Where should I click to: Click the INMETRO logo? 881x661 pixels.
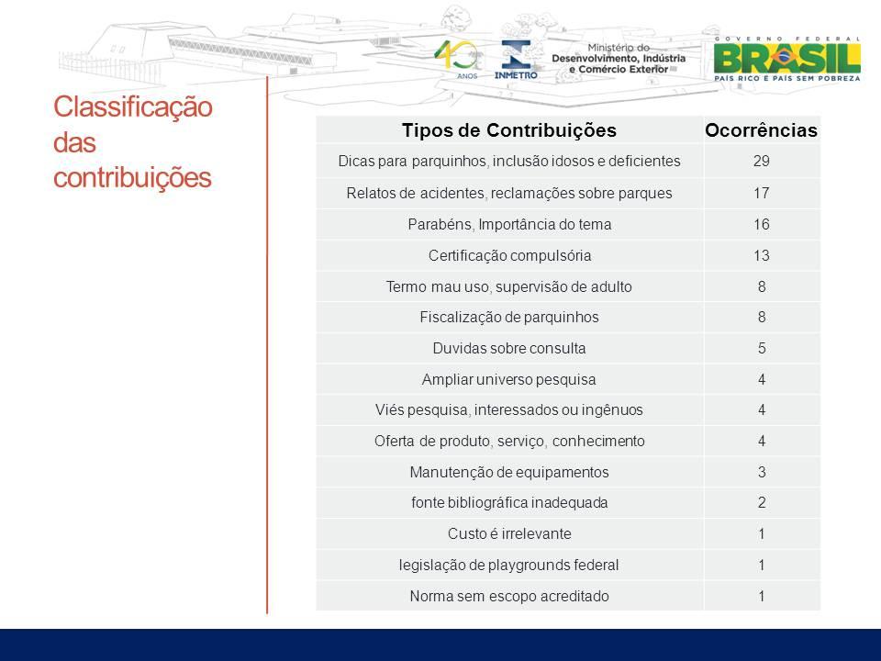(x=515, y=59)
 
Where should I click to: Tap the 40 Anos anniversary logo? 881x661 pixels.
(x=458, y=59)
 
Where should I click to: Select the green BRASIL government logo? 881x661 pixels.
(x=787, y=59)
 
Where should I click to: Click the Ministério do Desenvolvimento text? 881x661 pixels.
(x=618, y=59)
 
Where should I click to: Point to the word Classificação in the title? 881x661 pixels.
(x=132, y=106)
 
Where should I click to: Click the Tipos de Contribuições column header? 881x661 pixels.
(x=509, y=129)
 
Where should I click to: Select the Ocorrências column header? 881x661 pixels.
(x=762, y=129)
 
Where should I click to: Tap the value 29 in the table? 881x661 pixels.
(x=762, y=161)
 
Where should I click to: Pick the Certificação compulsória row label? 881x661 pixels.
(x=509, y=256)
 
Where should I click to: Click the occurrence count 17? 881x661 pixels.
(x=762, y=193)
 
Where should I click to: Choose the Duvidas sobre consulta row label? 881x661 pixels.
(x=509, y=348)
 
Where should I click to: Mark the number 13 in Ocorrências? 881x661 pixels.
(x=762, y=256)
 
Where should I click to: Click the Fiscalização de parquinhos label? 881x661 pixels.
(x=509, y=317)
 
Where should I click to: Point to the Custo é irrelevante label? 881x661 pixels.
(x=509, y=533)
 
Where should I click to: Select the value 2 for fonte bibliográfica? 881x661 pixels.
(x=762, y=502)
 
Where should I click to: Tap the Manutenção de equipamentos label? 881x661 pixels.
(x=509, y=472)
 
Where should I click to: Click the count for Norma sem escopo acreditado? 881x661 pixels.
(x=762, y=596)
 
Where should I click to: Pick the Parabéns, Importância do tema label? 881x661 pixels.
(x=509, y=224)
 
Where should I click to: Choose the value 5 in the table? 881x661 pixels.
(x=762, y=348)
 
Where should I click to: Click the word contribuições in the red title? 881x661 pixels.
(x=132, y=177)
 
